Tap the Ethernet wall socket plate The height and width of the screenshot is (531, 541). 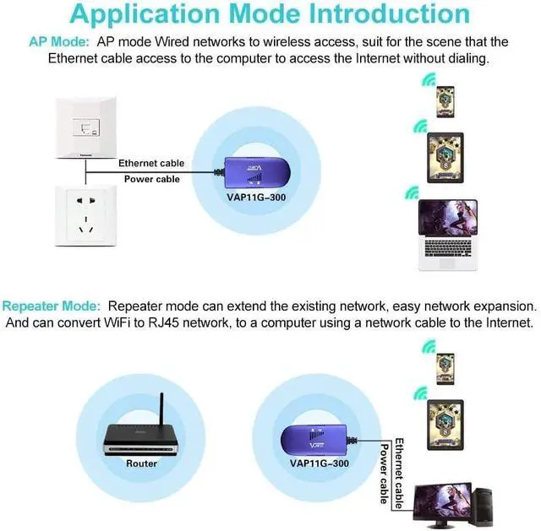tap(84, 127)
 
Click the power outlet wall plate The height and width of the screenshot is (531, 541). tap(84, 215)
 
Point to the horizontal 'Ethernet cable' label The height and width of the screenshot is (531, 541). tap(150, 163)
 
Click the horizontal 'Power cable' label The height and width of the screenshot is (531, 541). tap(151, 179)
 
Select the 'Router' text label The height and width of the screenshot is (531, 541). tap(141, 463)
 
